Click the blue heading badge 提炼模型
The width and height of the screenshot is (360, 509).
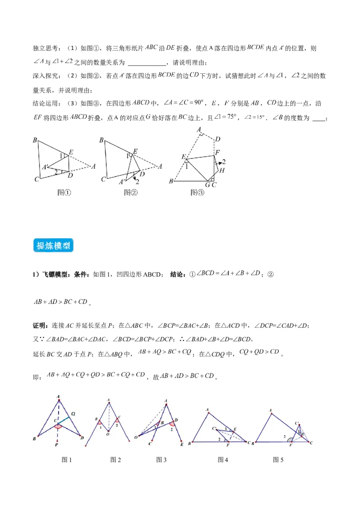(54, 246)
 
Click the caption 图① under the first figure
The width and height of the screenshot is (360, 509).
(65, 192)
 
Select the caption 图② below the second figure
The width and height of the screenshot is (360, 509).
(131, 192)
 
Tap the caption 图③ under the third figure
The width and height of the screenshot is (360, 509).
(197, 192)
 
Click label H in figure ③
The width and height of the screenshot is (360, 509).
(222, 171)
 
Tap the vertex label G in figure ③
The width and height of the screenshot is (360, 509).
(208, 184)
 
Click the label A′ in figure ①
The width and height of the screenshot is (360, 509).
(45, 167)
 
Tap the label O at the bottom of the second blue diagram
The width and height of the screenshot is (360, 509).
(108, 434)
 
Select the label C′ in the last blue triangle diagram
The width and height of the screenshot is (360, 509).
(297, 423)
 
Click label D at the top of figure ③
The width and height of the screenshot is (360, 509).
(218, 139)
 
